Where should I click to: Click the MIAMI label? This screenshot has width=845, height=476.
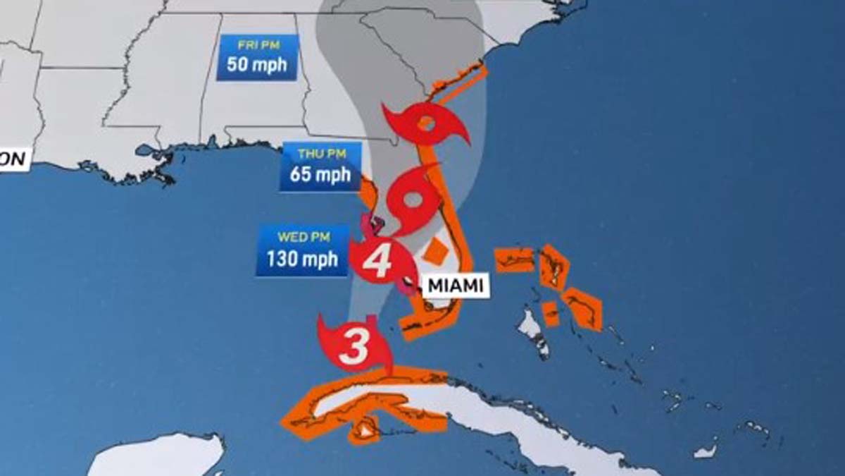[x=456, y=286]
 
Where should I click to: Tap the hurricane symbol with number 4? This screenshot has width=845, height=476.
[x=378, y=262]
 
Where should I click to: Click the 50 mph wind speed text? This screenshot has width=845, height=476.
[x=257, y=66]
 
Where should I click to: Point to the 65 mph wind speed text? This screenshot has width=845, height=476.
[x=320, y=173]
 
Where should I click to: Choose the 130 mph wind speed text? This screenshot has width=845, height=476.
[x=302, y=258]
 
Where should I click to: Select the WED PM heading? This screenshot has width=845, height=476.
[x=303, y=237]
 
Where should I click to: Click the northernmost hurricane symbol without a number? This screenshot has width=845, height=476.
[x=425, y=123]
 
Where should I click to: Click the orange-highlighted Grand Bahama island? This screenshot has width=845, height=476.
[x=515, y=260]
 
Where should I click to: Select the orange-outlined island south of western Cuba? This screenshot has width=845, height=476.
[x=365, y=429]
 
